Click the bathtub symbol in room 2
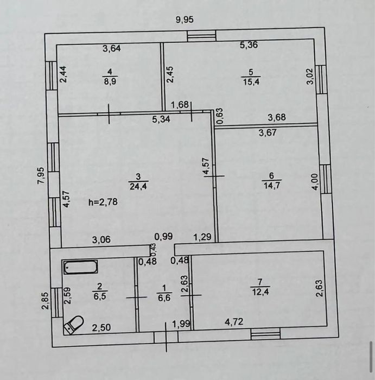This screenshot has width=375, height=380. click(80, 267)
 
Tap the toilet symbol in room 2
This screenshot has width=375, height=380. click(73, 325)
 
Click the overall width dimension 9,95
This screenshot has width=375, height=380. click(185, 20)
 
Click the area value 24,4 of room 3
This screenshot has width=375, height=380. click(138, 187)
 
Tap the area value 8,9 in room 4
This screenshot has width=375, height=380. click(111, 80)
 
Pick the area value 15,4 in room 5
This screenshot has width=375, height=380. click(251, 80)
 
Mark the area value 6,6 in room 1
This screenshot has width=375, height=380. click(164, 298)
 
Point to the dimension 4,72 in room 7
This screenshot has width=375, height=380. click(234, 322)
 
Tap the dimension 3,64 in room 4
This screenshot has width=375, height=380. click(112, 48)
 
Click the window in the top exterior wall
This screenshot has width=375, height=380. click(201, 36)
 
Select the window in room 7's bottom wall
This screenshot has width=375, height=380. click(265, 333)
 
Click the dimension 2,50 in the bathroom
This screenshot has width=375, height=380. click(102, 327)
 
